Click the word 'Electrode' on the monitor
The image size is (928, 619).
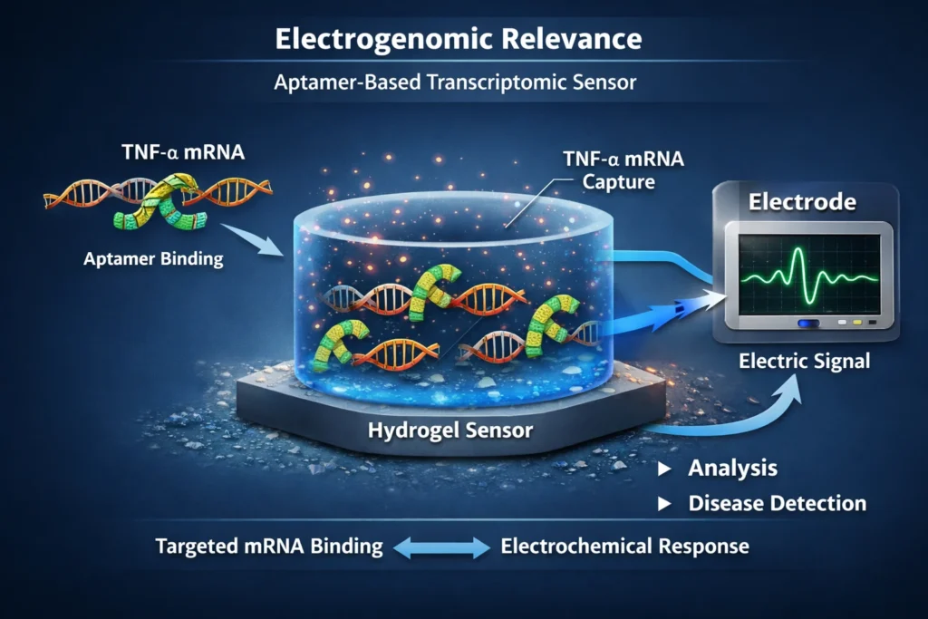pyautogui.click(x=802, y=203)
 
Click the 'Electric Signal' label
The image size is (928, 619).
pyautogui.click(x=804, y=362)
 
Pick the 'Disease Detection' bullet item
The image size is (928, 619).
pyautogui.click(x=777, y=503)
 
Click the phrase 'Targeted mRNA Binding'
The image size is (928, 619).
pyautogui.click(x=269, y=546)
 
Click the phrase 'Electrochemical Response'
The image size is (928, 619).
pyautogui.click(x=624, y=546)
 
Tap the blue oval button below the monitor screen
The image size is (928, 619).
pyautogui.click(x=807, y=323)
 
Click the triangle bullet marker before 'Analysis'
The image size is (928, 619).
pyautogui.click(x=665, y=469)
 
